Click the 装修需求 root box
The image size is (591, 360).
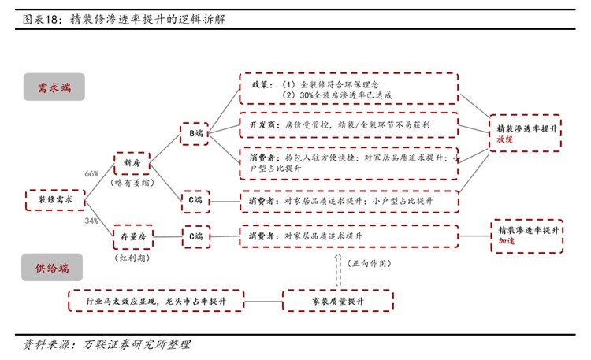click(55, 201)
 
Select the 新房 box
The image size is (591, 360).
click(132, 163)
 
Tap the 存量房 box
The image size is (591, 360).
click(132, 236)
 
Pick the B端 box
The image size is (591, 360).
click(196, 133)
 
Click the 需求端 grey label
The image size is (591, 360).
click(53, 87)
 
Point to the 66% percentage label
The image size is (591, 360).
click(91, 173)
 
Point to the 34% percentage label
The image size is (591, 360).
click(91, 221)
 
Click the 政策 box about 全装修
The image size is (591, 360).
click(348, 89)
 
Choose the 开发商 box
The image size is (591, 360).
click(348, 125)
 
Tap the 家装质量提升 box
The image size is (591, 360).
click(338, 300)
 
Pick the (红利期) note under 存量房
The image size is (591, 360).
click(132, 257)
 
